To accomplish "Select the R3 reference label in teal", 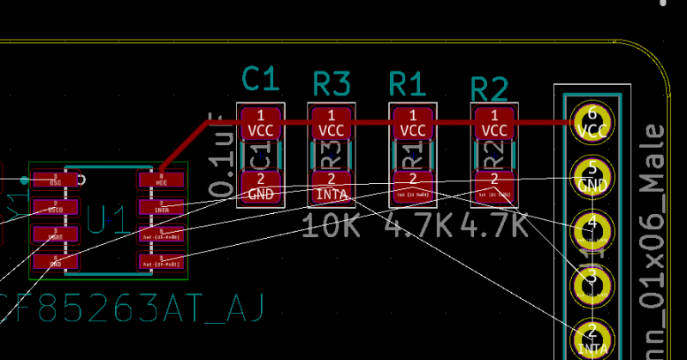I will click(x=331, y=84).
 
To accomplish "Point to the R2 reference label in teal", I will click(x=489, y=88).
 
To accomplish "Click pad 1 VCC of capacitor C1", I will click(x=260, y=123).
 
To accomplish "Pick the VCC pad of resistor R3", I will click(x=331, y=123).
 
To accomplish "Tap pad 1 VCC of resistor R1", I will click(x=412, y=123).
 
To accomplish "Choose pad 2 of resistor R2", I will click(x=494, y=186).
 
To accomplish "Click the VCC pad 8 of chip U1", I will click(x=161, y=179).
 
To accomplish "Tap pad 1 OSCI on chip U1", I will click(x=55, y=179).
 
